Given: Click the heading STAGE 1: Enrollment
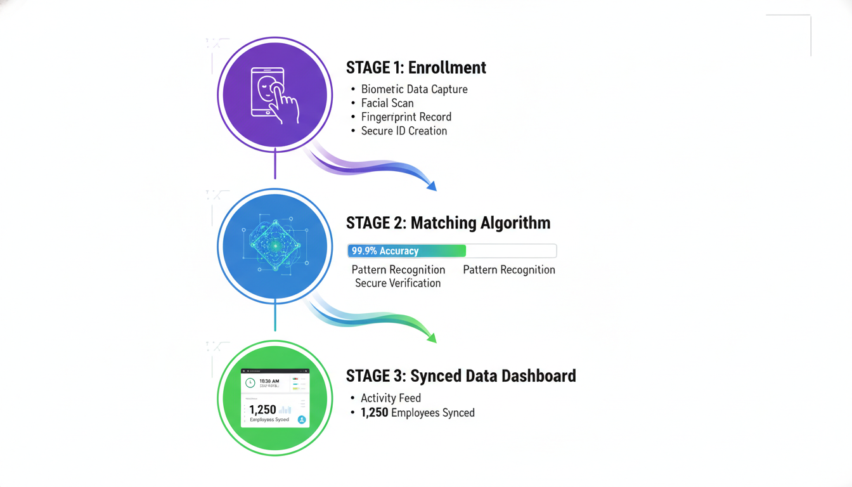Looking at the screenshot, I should click(x=416, y=68).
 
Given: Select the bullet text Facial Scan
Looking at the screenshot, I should click(x=387, y=103).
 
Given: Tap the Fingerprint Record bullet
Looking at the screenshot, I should click(x=406, y=117).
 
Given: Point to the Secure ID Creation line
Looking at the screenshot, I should click(x=404, y=131).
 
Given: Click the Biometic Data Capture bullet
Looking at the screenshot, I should click(x=414, y=89).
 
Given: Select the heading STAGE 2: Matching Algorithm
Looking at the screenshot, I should click(x=448, y=223).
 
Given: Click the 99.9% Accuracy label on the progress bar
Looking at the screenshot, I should click(x=385, y=251).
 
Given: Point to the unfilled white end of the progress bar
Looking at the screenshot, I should click(x=511, y=251).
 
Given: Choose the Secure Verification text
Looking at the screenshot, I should click(x=397, y=283).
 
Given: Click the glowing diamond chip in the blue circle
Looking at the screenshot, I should click(x=274, y=246).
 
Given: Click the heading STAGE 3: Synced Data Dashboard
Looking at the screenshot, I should click(x=461, y=376).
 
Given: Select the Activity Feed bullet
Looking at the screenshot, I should click(x=390, y=398).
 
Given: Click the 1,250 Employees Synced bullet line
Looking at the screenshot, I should click(x=417, y=413).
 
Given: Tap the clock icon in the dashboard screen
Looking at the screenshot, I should click(x=250, y=383).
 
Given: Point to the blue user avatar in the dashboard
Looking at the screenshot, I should click(x=302, y=419).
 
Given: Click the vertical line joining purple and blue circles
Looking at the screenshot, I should click(x=275, y=166).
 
